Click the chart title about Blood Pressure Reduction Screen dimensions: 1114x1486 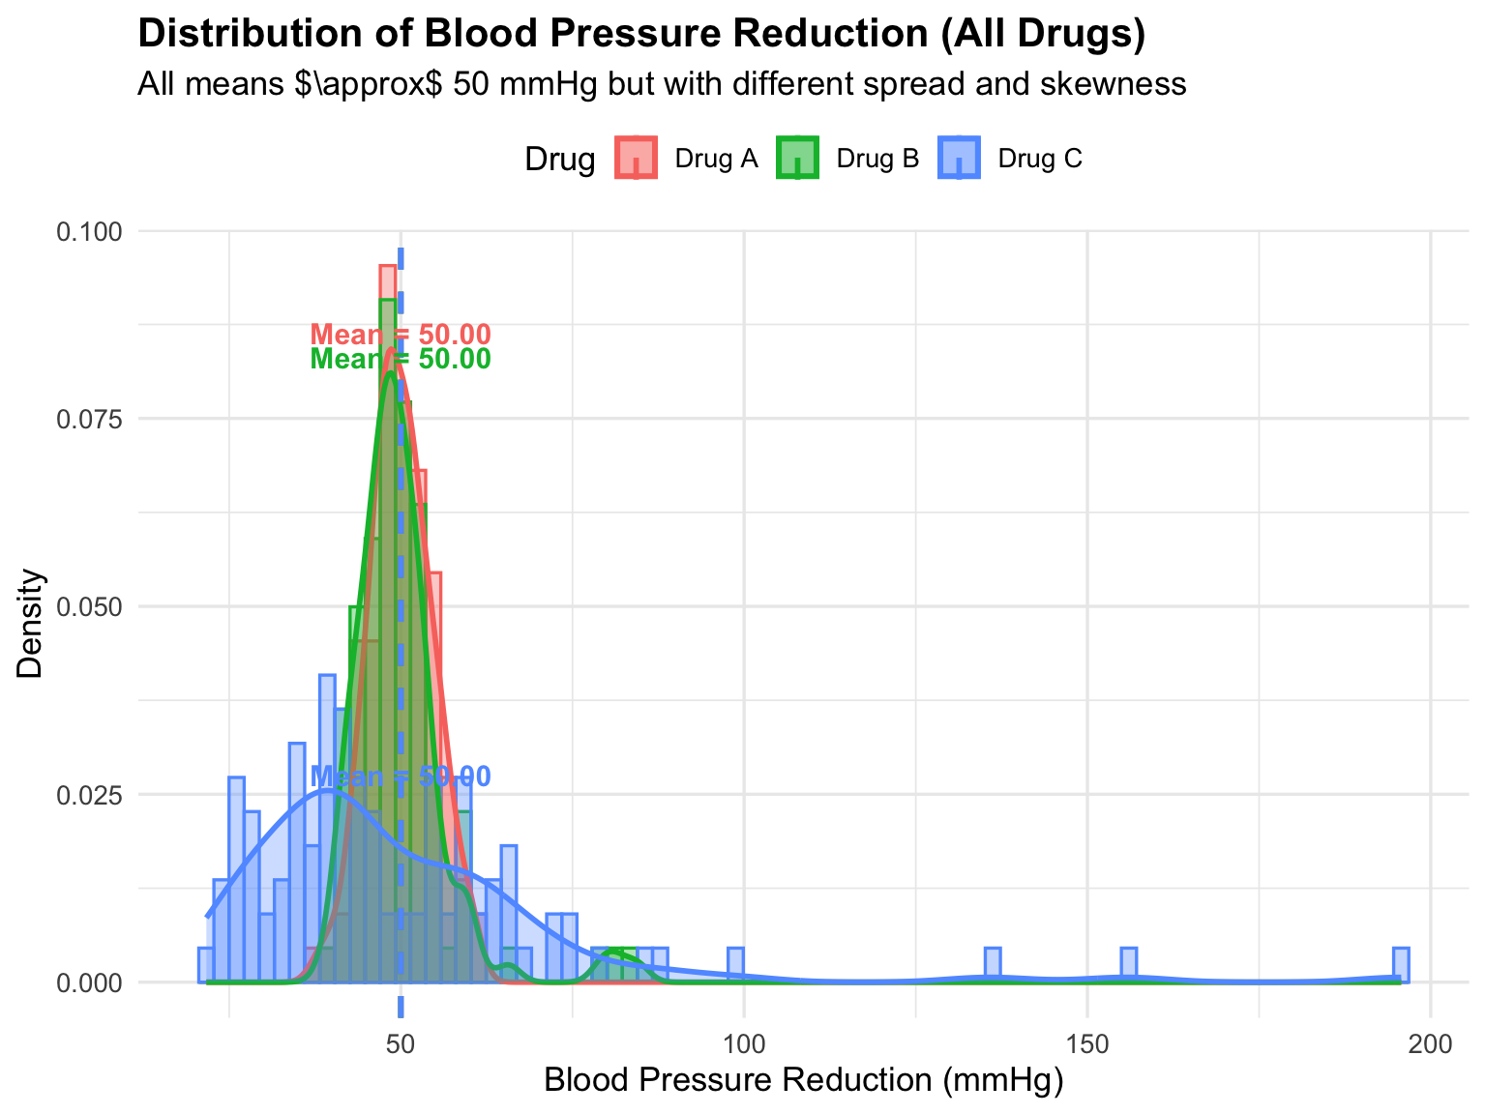tap(641, 34)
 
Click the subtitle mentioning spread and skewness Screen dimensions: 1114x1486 tap(662, 84)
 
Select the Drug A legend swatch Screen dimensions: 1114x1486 tap(636, 158)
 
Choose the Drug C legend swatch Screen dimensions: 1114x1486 tap(959, 158)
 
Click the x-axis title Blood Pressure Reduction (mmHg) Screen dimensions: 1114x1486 tap(804, 1081)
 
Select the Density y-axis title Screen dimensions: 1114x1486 tap(31, 624)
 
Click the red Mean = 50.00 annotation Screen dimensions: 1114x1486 tap(401, 335)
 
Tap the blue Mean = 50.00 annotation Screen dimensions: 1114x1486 tap(401, 777)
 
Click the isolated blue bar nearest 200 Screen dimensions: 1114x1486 tap(1400, 965)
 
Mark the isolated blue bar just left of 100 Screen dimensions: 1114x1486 tap(735, 965)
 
